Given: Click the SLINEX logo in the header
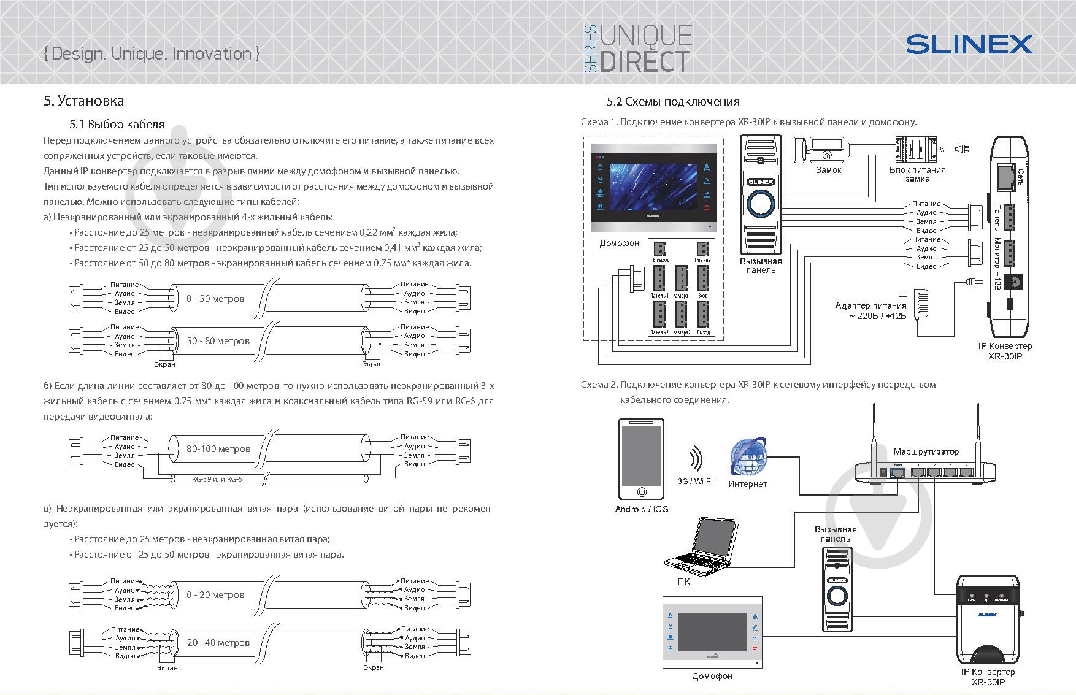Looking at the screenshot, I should (x=969, y=44).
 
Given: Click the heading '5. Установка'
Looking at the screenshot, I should (x=83, y=101).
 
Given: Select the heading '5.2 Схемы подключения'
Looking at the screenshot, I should (x=673, y=101).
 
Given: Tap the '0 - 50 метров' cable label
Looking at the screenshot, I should (x=215, y=299).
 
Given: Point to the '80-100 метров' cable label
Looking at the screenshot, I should (x=218, y=449).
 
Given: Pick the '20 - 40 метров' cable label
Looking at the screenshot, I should (x=218, y=643).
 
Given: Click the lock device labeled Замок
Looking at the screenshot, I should (x=818, y=150).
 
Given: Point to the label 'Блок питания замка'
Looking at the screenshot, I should (x=918, y=174).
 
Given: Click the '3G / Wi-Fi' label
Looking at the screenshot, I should (x=695, y=482).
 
